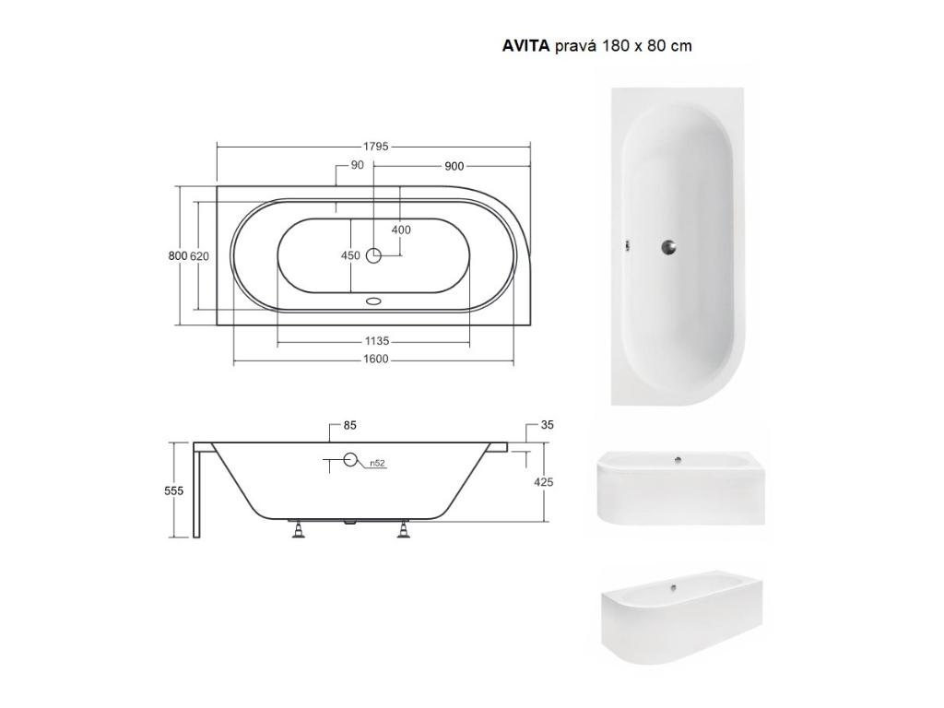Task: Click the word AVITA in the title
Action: tap(525, 46)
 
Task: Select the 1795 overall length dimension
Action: tap(376, 147)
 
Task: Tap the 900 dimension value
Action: tap(454, 166)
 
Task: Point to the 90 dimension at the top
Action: tap(357, 165)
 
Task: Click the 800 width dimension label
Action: tap(178, 256)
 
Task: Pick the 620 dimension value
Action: tap(199, 256)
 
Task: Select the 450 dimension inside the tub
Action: tap(350, 256)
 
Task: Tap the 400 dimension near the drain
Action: tap(401, 230)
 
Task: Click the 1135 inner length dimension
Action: tap(377, 341)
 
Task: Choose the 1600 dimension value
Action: tap(376, 360)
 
